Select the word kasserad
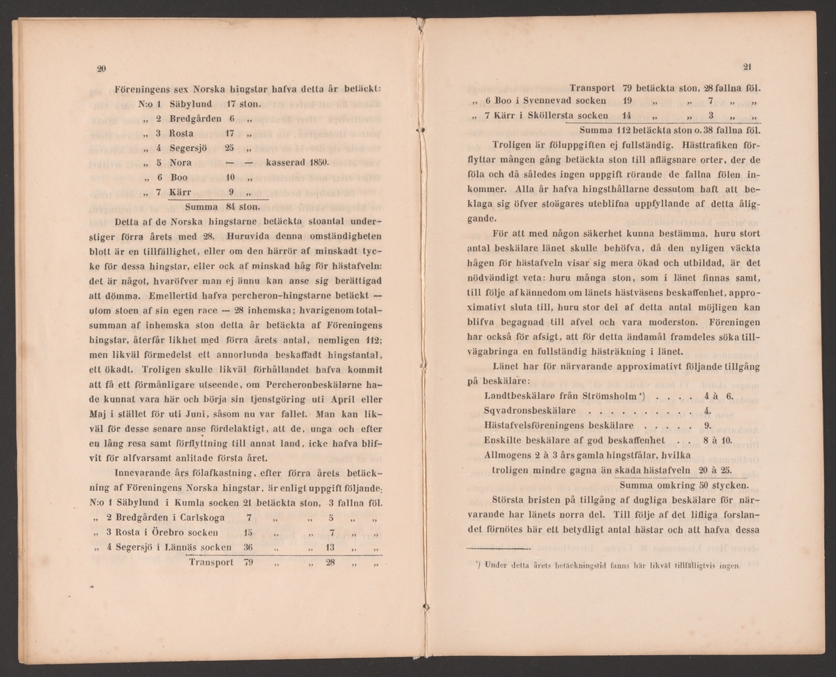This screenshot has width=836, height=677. click(287, 162)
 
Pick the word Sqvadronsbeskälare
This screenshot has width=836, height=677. click(529, 410)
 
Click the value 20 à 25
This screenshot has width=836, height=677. click(711, 469)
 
